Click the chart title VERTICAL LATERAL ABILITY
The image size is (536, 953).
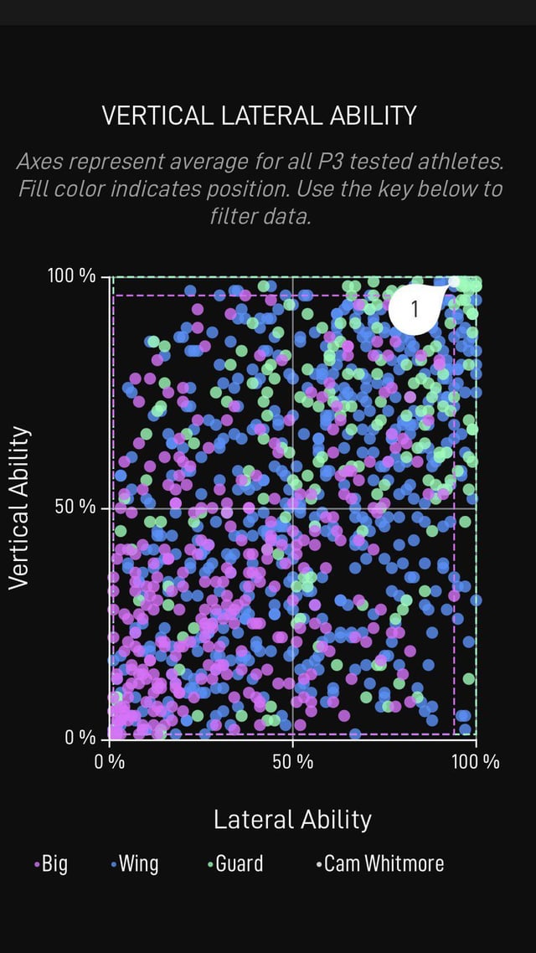[259, 116]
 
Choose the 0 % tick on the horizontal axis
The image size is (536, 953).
[111, 762]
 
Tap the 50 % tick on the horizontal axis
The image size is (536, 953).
[292, 762]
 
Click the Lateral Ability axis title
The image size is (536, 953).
[292, 819]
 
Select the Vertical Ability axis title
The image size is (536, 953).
[19, 508]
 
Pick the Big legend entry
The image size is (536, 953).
[54, 863]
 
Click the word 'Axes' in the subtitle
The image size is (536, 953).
[41, 161]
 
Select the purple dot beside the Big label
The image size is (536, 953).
[36, 864]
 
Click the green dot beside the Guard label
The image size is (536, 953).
[209, 864]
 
